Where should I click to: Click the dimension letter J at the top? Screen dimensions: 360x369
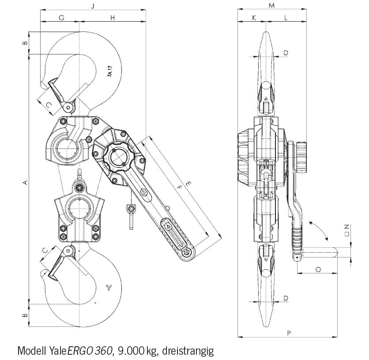coord(92,6)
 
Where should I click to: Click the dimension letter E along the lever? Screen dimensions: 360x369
coord(189,183)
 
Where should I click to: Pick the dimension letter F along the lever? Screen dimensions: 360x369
coord(179,187)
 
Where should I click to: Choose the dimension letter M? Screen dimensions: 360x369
coord(272,6)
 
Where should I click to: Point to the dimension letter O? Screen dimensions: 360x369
coord(318,269)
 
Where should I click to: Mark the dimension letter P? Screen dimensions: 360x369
coord(288,333)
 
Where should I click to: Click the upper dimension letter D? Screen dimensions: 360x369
coord(286,53)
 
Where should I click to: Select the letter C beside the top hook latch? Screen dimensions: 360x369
coord(49,104)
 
